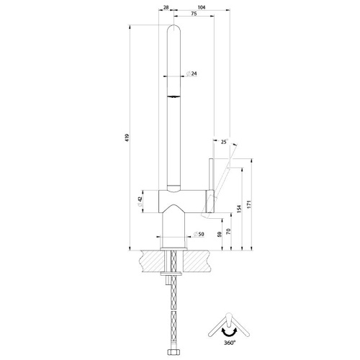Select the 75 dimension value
tap(194, 14)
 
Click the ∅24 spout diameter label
tap(192, 73)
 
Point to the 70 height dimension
tap(227, 232)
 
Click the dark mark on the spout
tap(175, 95)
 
